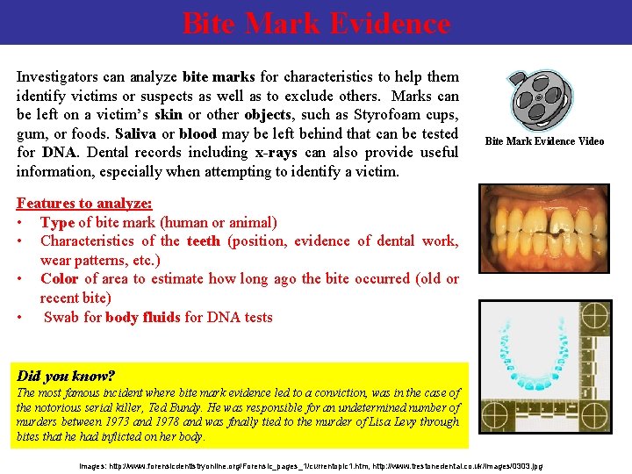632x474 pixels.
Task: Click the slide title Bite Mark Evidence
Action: [x=316, y=23]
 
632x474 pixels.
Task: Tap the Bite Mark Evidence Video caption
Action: [x=544, y=141]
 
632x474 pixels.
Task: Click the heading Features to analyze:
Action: [x=84, y=204]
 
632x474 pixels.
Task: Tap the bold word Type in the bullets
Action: [x=57, y=222]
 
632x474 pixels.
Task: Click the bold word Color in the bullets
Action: [x=59, y=279]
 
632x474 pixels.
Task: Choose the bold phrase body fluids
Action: [x=143, y=317]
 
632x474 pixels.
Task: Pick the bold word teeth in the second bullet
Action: [x=204, y=241]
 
